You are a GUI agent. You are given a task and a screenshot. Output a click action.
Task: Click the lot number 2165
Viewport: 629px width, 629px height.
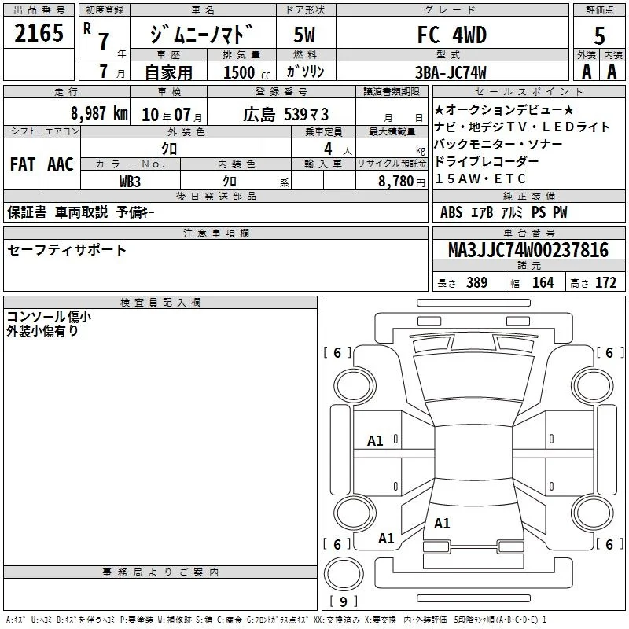(x=39, y=33)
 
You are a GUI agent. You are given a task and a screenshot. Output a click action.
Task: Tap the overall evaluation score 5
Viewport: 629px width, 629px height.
(x=599, y=35)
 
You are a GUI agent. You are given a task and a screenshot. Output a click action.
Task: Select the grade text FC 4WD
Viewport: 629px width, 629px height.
(x=452, y=35)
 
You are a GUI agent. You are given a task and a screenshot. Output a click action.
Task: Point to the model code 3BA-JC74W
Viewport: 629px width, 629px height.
(x=451, y=72)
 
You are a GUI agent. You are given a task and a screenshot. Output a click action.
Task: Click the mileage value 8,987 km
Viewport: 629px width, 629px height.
(x=100, y=113)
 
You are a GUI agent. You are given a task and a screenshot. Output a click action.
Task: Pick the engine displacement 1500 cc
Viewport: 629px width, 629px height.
(x=247, y=72)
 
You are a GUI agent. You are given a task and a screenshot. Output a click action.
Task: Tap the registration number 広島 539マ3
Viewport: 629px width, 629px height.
(x=286, y=114)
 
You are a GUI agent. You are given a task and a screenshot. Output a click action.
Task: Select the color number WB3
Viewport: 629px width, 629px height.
(x=130, y=182)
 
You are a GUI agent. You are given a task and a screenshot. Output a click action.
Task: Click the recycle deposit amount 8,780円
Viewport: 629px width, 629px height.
(x=402, y=182)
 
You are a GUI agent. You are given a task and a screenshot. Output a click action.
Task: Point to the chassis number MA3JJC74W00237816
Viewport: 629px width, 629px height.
(x=528, y=250)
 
